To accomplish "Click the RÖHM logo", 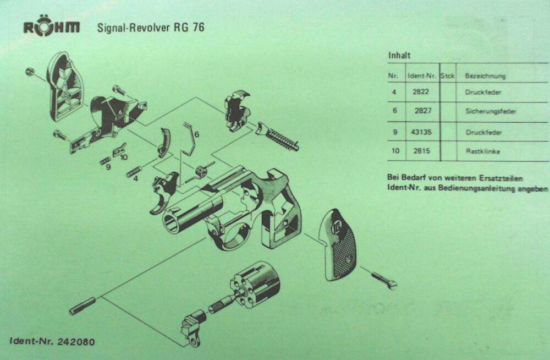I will click(51, 28).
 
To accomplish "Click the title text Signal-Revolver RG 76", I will click(150, 27).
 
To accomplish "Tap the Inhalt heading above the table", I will click(400, 56).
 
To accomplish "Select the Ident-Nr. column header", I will click(422, 76).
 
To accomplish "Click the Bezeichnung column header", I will click(485, 76).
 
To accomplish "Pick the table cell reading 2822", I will click(421, 92).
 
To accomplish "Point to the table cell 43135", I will click(422, 132).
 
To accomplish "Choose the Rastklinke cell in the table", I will click(482, 151).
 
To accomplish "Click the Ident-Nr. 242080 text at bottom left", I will click(52, 341).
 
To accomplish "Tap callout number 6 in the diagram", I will click(196, 134).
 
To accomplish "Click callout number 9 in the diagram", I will click(108, 167).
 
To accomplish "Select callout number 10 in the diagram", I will click(124, 157).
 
